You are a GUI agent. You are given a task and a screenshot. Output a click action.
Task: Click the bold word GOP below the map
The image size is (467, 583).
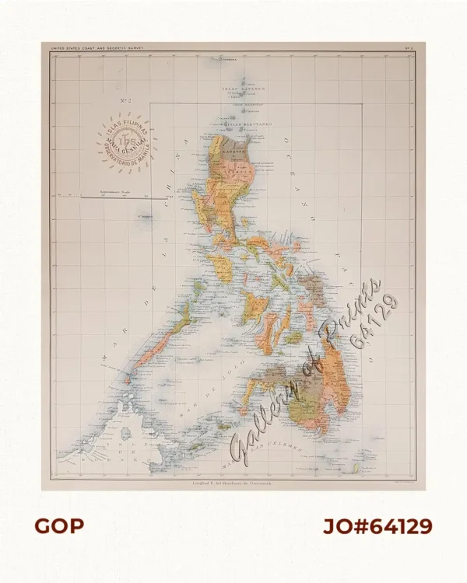58,526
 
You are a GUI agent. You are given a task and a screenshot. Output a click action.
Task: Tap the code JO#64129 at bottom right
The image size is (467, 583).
377,526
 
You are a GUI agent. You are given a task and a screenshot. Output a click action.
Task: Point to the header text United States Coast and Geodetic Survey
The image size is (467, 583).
97,47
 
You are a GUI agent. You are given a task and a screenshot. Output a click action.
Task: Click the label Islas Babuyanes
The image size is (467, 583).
242,122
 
